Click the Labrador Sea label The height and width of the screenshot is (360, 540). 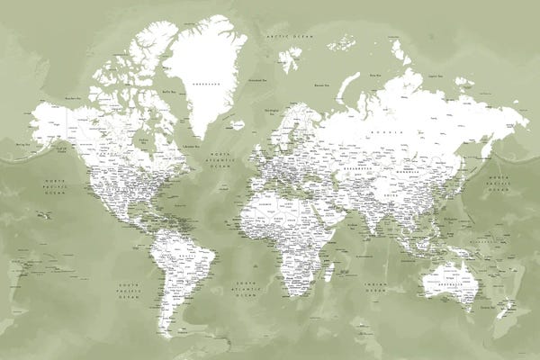(191, 145)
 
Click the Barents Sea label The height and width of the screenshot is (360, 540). (316, 85)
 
